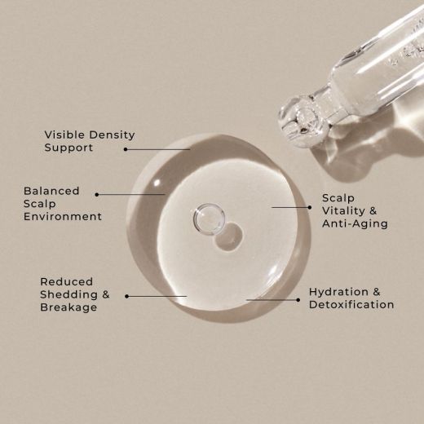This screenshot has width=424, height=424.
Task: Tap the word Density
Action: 109,135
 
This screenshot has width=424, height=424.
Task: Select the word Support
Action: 68,148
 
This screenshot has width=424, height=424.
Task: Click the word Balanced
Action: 51,191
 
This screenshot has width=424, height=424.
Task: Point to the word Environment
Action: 63,217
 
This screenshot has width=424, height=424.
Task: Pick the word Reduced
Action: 66,281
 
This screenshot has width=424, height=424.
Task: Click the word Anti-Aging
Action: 355,223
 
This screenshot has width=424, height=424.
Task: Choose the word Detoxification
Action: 351,305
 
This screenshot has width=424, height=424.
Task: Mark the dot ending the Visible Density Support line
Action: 126,149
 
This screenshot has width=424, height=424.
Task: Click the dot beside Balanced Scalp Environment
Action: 97,194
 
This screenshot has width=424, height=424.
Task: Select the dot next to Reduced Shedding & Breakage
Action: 126,296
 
